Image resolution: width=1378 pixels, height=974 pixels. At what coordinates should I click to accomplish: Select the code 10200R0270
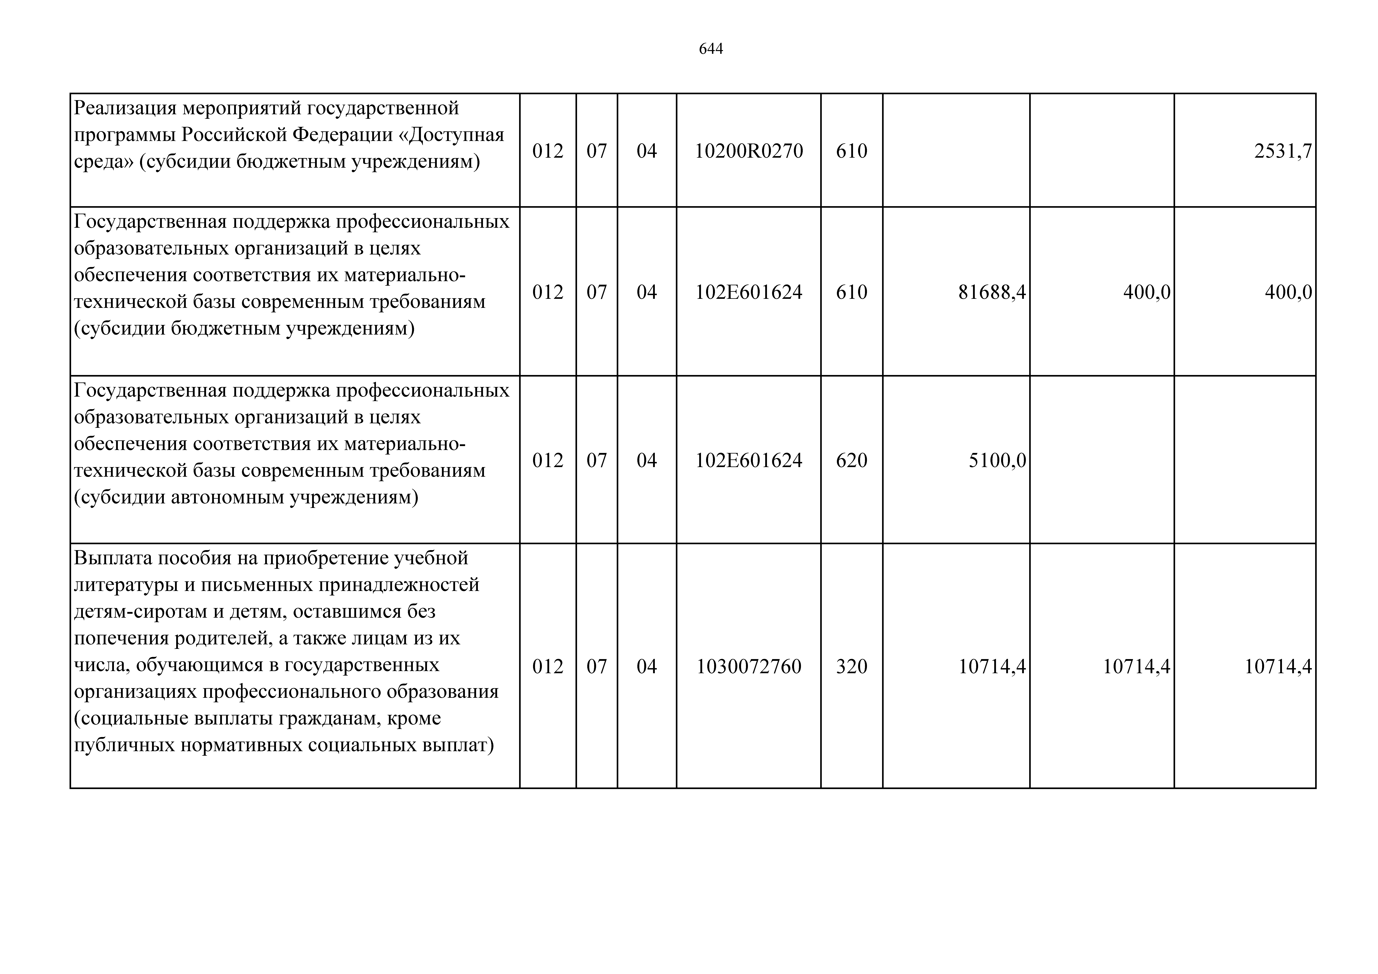pyautogui.click(x=749, y=151)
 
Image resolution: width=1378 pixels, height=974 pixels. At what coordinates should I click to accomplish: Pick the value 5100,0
pyautogui.click(x=997, y=460)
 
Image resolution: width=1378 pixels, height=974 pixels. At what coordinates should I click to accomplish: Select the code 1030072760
pyautogui.click(x=749, y=666)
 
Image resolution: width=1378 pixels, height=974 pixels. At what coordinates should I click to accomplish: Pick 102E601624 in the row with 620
pyautogui.click(x=749, y=460)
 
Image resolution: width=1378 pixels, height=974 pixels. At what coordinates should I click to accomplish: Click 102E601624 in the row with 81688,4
pyautogui.click(x=749, y=292)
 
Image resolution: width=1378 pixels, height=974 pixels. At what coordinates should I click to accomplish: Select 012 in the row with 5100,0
pyautogui.click(x=547, y=460)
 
